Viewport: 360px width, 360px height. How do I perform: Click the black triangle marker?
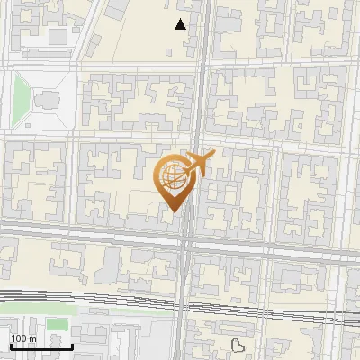(181, 25)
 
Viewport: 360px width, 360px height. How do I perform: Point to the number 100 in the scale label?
(17, 338)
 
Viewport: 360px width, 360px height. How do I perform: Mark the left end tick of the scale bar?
(10, 346)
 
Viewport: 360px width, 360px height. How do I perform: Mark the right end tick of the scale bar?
(73, 346)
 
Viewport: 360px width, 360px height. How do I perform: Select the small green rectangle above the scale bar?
(58, 323)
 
